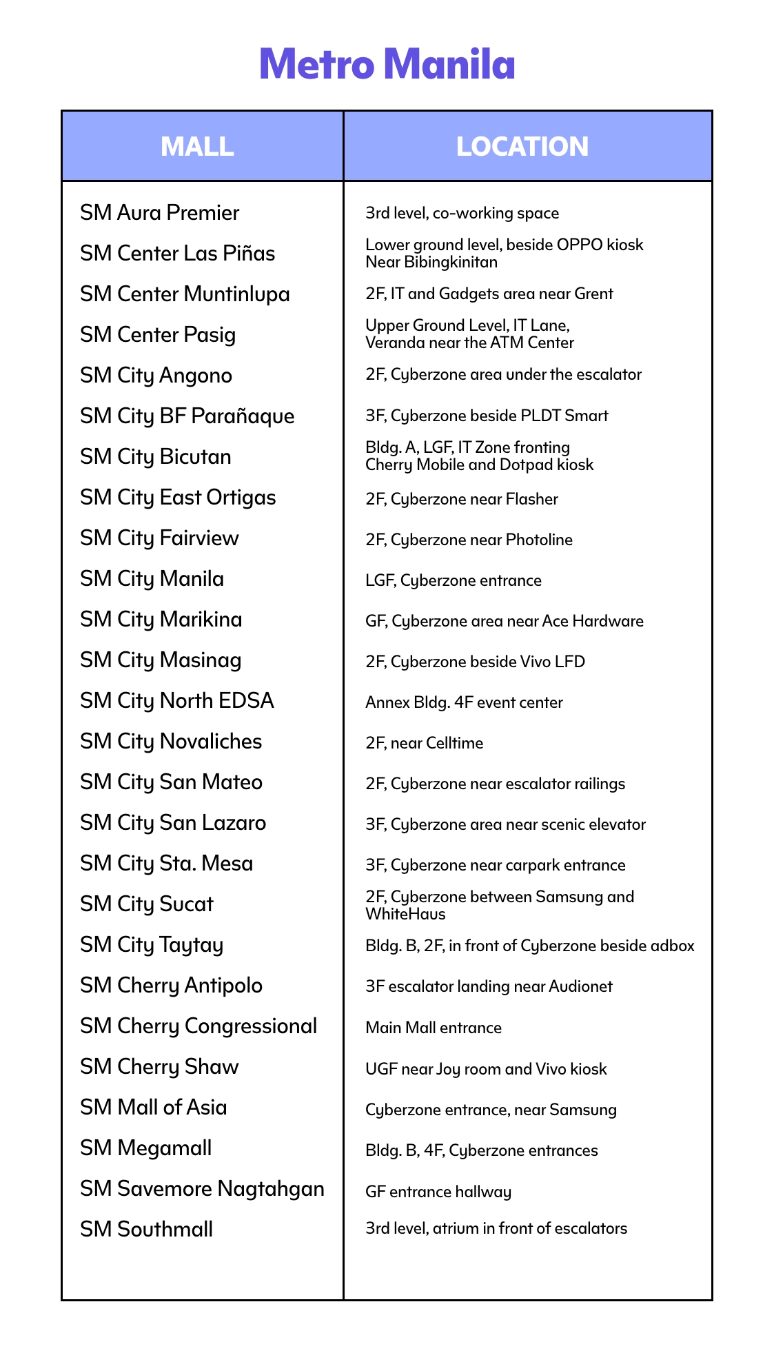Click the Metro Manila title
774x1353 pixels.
click(x=387, y=64)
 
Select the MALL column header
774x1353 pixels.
click(x=197, y=146)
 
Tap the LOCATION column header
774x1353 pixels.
click(x=522, y=146)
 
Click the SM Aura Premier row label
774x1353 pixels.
click(x=160, y=212)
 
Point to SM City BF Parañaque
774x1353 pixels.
click(x=187, y=416)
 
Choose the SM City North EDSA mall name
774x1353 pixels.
click(x=177, y=700)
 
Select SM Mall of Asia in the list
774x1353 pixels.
click(x=154, y=1107)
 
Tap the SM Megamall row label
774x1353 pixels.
click(x=146, y=1148)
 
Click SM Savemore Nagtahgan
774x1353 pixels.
click(x=202, y=1188)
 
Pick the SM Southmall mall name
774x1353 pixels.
click(x=147, y=1229)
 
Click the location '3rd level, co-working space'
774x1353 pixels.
click(x=462, y=213)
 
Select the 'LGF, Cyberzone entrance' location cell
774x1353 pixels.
click(x=454, y=580)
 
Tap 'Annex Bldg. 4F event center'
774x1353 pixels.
click(x=464, y=702)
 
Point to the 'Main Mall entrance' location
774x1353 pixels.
click(x=434, y=1028)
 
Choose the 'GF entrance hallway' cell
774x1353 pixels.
click(x=438, y=1192)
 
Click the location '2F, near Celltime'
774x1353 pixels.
click(x=425, y=743)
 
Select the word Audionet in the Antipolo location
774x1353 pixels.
click(x=580, y=986)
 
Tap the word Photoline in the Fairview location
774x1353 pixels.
click(x=539, y=540)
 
